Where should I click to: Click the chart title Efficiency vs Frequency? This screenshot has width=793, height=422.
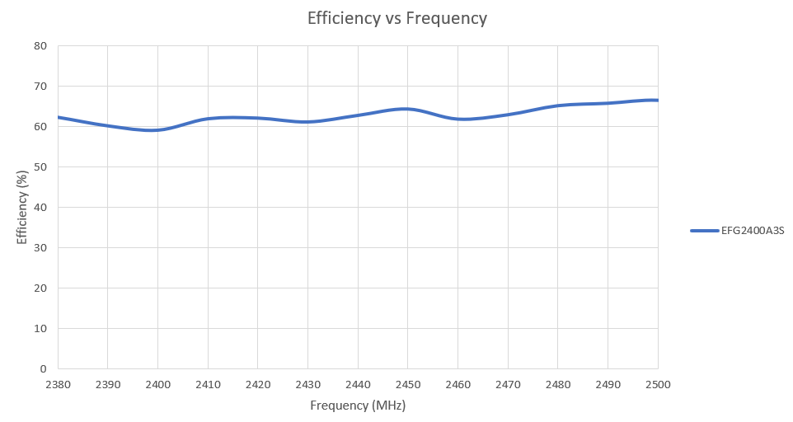coord(396,18)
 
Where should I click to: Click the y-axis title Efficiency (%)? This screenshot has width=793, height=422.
coord(22,206)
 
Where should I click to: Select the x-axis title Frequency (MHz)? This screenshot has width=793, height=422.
coord(358,406)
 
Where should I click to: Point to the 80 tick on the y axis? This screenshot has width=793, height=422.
coord(40,46)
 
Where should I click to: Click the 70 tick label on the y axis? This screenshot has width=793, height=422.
coord(40,87)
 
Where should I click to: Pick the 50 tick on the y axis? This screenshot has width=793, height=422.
coord(40,167)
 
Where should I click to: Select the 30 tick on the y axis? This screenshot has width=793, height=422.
coord(40,248)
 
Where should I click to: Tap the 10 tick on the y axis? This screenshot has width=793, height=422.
coord(40,329)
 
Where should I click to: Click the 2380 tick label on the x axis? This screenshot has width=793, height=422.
coord(58,385)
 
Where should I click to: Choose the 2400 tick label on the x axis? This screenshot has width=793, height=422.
coord(157,385)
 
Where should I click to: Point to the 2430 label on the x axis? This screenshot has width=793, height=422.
coord(307,385)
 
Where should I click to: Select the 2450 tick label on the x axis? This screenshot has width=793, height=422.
coord(408,385)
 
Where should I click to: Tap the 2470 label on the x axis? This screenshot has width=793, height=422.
coord(508,385)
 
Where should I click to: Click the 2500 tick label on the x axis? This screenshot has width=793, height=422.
coord(658,385)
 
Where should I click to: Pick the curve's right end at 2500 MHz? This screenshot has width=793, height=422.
coord(657,100)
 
